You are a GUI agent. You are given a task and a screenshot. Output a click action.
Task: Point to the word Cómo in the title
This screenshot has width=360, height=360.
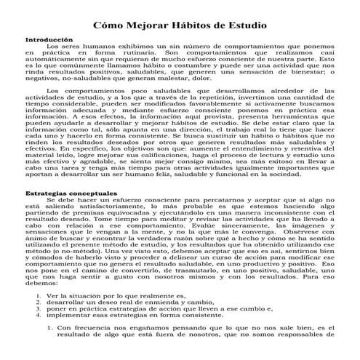(112, 25)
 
